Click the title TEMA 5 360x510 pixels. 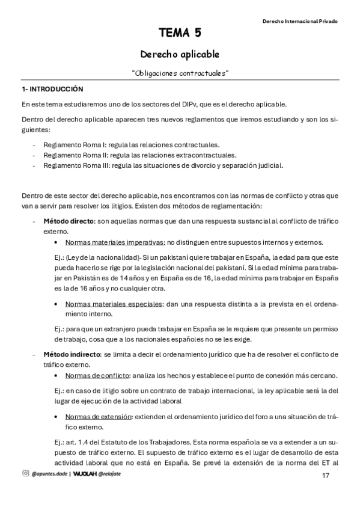[x=180, y=32]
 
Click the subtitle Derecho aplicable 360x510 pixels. [x=180, y=54]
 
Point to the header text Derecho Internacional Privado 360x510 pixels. [x=300, y=21]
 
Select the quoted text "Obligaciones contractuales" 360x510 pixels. [x=180, y=73]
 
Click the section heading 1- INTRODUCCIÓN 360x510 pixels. [x=52, y=89]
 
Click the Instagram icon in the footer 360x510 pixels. [x=25, y=474]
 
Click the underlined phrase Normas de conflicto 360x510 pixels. [x=97, y=375]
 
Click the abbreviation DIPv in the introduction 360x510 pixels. [x=198, y=103]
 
